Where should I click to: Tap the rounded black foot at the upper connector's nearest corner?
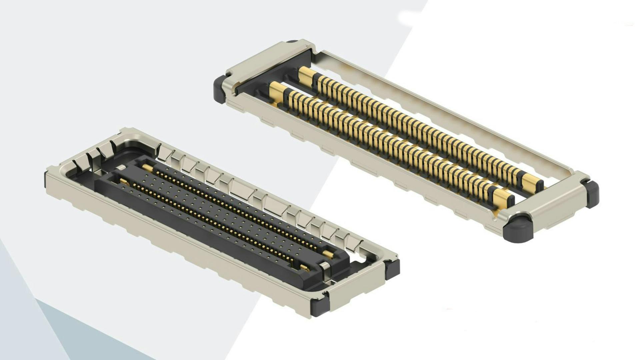coord(518,230)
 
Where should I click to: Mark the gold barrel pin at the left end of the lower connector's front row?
coord(123,181)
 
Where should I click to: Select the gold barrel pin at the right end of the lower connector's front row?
coord(304,268)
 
